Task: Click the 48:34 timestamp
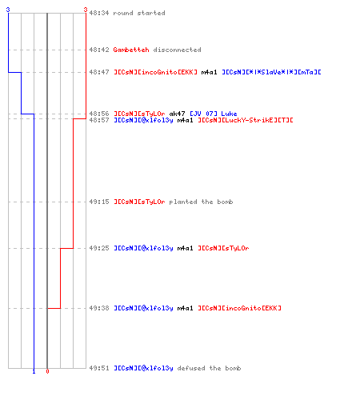[x=99, y=13]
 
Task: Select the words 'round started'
[x=139, y=13]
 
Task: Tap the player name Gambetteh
[x=131, y=50]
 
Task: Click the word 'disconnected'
[x=177, y=50]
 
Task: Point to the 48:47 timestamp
[x=99, y=72]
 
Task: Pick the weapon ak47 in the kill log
[x=177, y=114]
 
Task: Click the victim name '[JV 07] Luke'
[x=214, y=114]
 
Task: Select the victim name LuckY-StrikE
[x=246, y=120]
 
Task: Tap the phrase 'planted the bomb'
[x=201, y=202]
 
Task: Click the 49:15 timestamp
[x=99, y=202]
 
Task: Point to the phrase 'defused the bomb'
[x=209, y=368]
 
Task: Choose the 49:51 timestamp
[x=99, y=368]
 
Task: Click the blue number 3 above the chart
[x=8, y=10]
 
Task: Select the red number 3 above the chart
[x=86, y=10]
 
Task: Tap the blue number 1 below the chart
[x=34, y=371]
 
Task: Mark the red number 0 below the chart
[x=47, y=371]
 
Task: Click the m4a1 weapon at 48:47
[x=209, y=72]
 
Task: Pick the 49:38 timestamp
[x=99, y=308]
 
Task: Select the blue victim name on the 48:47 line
[x=271, y=72]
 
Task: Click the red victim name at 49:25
[x=223, y=248]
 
